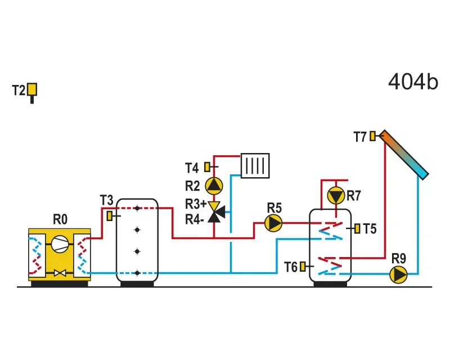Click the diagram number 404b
pos(413,82)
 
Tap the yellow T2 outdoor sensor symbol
pos(32,92)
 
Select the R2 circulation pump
pos(214,186)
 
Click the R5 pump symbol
pos(273,223)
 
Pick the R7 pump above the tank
pos(336,196)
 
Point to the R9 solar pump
pos(398,274)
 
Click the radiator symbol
pos(255,165)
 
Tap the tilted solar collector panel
pos(404,155)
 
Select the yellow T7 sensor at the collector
pos(372,136)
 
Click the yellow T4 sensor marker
pos(207,167)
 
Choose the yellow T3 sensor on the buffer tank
pos(110,216)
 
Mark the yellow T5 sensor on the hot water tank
pos(357,228)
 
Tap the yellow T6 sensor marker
pos(303,267)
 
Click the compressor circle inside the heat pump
pos(60,244)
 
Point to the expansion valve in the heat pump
pos(60,273)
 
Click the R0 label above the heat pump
pos(60,219)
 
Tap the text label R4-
pos(195,220)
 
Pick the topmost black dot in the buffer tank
pos(137,208)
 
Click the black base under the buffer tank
pos(137,284)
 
